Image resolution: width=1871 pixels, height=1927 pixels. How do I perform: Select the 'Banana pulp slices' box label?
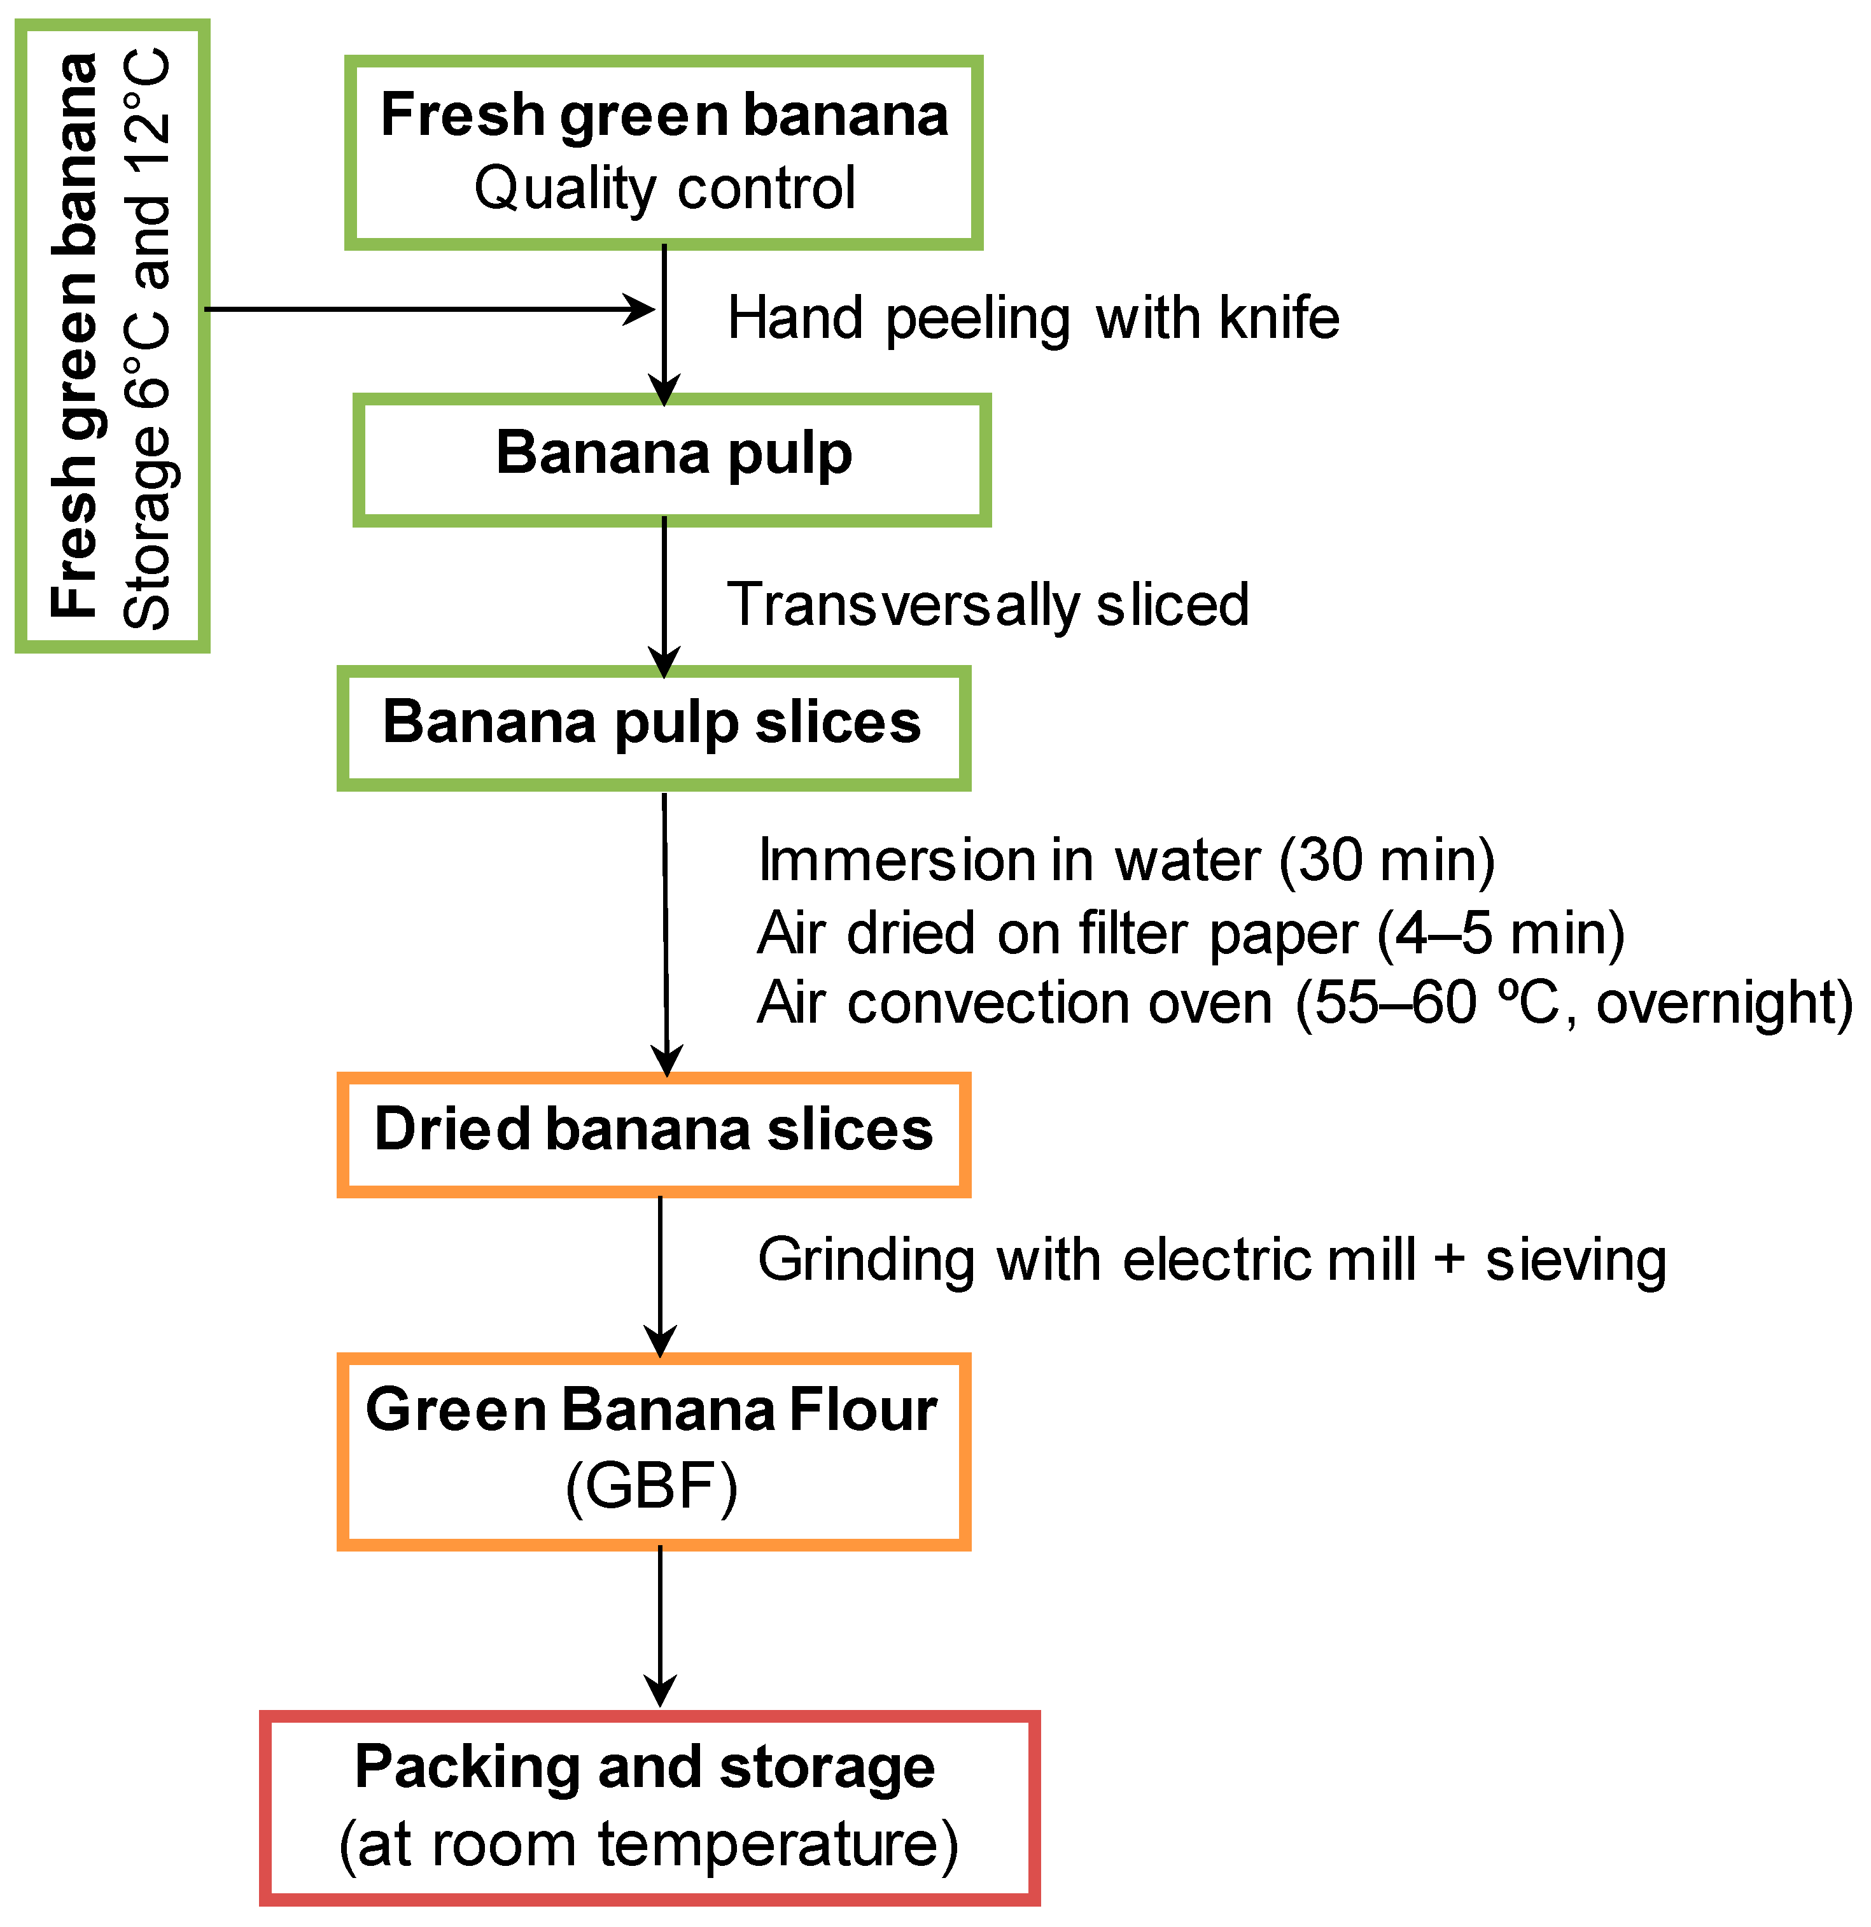pos(652,723)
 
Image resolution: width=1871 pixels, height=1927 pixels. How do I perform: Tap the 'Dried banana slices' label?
pos(654,1130)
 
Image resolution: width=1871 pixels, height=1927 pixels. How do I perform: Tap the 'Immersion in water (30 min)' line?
pos(1126,860)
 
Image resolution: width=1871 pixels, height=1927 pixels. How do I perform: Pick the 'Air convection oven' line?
pos(1013,1004)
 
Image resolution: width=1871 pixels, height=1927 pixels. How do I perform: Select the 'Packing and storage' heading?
pos(645,1767)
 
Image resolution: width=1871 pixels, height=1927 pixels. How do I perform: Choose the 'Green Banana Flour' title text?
pos(652,1411)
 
